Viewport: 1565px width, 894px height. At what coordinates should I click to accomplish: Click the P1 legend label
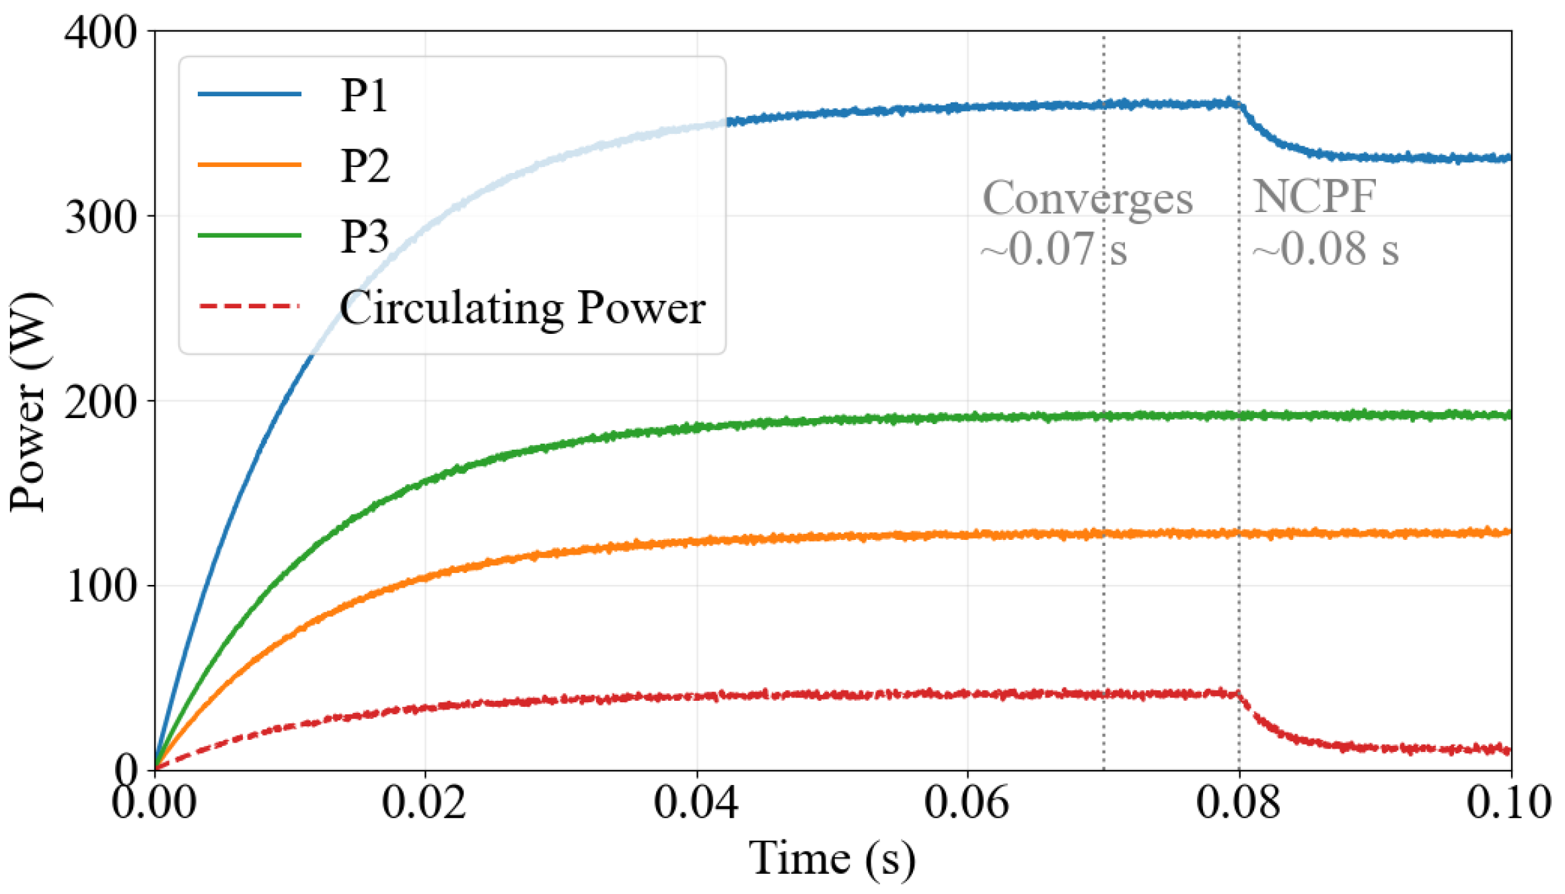coord(364,95)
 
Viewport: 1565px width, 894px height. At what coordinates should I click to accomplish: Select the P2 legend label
coord(365,166)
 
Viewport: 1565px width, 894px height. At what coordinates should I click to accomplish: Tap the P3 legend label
coord(365,236)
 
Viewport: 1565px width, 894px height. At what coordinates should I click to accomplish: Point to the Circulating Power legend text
coord(522,309)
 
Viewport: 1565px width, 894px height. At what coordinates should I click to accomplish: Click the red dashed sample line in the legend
coord(249,306)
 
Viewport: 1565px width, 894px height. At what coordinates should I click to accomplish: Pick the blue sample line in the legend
coord(249,94)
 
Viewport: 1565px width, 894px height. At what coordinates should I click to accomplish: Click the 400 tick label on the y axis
coord(100,32)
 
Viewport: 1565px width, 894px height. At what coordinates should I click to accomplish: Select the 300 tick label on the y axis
coord(100,217)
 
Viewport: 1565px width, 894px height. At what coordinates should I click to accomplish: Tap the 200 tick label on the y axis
coord(100,403)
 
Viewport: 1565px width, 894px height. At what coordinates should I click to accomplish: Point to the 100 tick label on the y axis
coord(102,586)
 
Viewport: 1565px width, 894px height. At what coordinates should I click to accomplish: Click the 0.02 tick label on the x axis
coord(424,802)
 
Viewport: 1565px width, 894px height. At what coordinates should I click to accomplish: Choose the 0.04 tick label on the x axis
coord(696,802)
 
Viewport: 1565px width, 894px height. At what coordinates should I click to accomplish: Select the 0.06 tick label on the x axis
coord(967,802)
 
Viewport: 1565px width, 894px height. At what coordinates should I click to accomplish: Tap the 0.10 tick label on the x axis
coord(1509,802)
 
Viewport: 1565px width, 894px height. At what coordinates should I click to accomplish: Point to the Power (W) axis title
coord(28,402)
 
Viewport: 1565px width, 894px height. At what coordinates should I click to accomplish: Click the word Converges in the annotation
coord(1088,199)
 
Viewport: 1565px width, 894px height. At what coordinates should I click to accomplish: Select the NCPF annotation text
coord(1314,197)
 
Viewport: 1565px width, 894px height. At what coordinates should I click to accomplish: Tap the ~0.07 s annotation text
coord(1054,249)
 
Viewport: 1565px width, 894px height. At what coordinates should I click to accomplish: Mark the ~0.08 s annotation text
coord(1325,249)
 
